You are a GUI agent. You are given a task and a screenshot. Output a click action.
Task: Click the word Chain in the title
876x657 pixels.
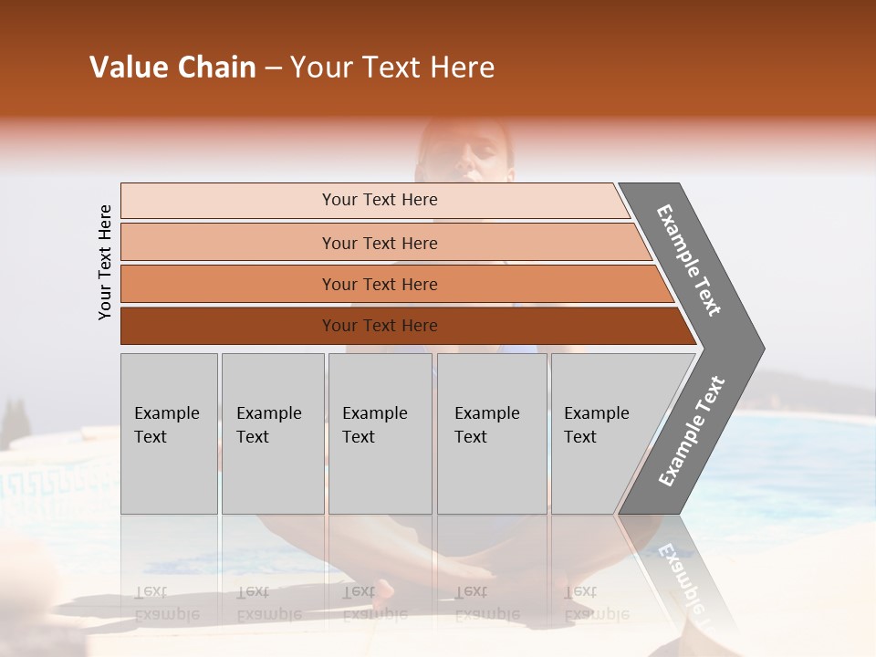pos(216,68)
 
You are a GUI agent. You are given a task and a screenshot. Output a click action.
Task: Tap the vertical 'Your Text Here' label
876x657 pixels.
pos(105,262)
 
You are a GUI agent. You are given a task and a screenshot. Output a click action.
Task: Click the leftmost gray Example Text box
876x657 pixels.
pos(169,433)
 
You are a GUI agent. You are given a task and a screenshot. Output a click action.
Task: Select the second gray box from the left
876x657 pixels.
pos(273,433)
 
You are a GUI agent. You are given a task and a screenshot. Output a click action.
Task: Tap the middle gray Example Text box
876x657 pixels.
pos(380,433)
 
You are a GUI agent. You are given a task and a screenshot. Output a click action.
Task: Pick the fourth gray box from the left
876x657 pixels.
pos(492,433)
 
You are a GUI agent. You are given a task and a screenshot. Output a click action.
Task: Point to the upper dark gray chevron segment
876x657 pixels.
pos(690,261)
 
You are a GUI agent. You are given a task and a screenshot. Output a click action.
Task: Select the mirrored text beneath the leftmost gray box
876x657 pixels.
pos(167,603)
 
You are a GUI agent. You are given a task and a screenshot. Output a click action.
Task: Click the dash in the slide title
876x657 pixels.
pos(273,68)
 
